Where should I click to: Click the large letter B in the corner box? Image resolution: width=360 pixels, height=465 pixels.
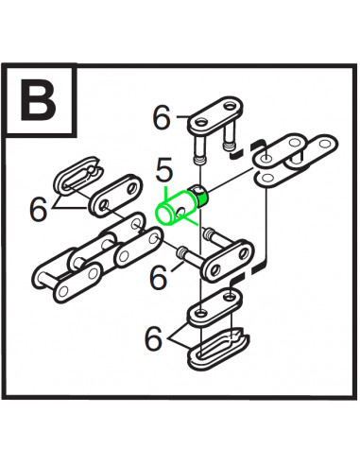pos(39,102)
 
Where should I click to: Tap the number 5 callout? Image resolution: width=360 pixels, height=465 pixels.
pos(163,172)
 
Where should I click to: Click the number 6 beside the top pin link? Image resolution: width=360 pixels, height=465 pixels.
pos(163,118)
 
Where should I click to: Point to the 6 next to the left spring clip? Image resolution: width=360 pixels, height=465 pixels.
pos(38,209)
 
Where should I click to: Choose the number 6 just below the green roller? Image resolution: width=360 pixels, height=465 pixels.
pos(159,278)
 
